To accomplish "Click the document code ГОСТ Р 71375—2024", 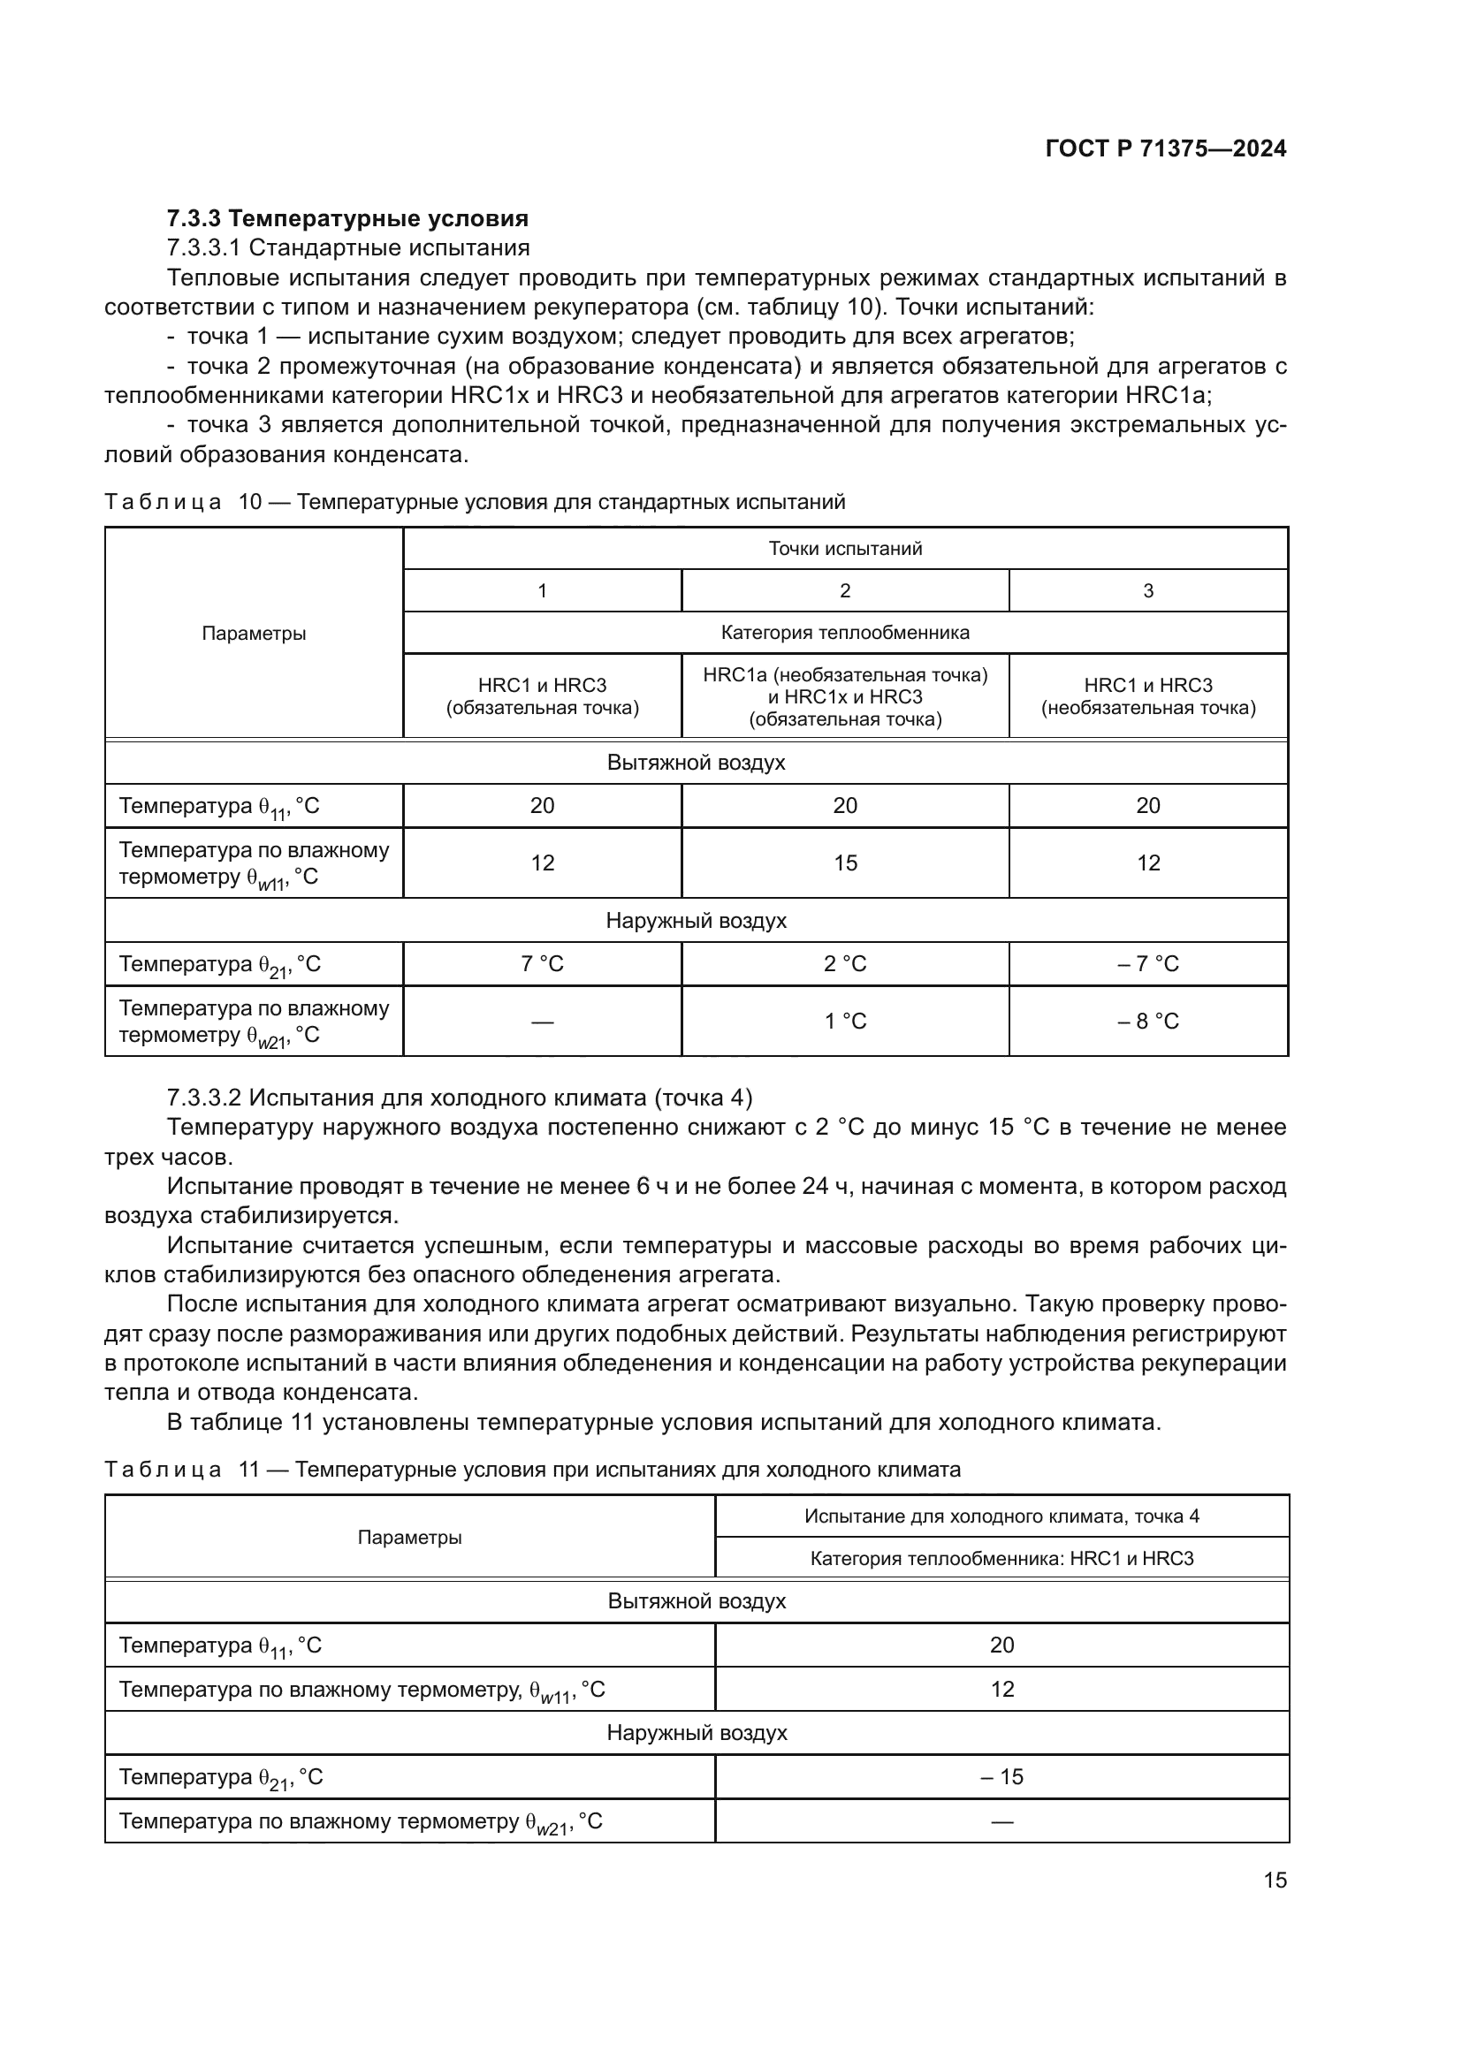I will pyautogui.click(x=1165, y=149).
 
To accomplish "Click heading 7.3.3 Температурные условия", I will pyautogui.click(x=347, y=219).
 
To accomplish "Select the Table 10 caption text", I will pyautogui.click(x=475, y=502).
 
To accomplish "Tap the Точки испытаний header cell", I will pyautogui.click(x=844, y=548).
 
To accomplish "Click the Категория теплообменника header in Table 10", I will pyautogui.click(x=844, y=633).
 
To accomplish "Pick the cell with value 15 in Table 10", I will pyautogui.click(x=844, y=863).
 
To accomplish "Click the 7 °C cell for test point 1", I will pyautogui.click(x=542, y=964).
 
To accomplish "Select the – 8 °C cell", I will pyautogui.click(x=1148, y=1022).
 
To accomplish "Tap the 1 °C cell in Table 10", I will pyautogui.click(x=844, y=1022).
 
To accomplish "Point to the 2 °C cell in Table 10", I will pyautogui.click(x=844, y=964).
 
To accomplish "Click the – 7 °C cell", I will pyautogui.click(x=1148, y=964).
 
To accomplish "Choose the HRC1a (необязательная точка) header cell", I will pyautogui.click(x=844, y=696).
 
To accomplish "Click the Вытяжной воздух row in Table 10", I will pyautogui.click(x=696, y=764).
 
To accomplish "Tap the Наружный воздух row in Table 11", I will pyautogui.click(x=696, y=1733).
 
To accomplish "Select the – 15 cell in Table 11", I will pyautogui.click(x=1002, y=1777).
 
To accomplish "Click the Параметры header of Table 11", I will pyautogui.click(x=409, y=1538).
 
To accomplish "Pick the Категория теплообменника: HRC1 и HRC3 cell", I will pyautogui.click(x=1002, y=1558).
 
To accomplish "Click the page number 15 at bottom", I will pyautogui.click(x=1275, y=1881).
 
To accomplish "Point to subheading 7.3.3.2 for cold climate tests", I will pyautogui.click(x=459, y=1098).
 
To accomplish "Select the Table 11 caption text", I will pyautogui.click(x=532, y=1470).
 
